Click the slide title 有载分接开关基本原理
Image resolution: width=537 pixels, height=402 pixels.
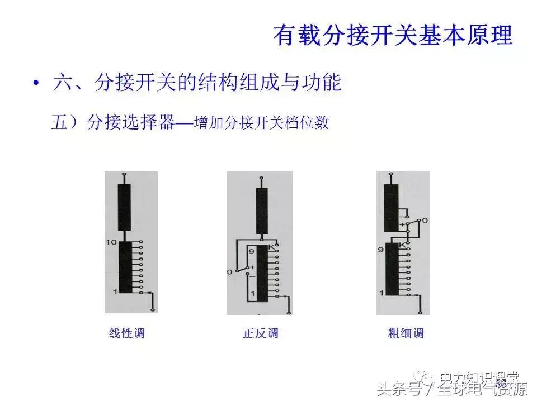pos(393,35)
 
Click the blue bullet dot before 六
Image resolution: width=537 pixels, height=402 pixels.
pos(36,83)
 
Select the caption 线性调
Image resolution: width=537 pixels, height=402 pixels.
pos(126,334)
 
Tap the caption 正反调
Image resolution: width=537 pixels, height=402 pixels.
pos(261,334)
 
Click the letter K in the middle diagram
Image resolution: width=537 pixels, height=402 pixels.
pos(271,247)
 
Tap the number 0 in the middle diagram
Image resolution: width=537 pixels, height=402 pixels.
pos(229,272)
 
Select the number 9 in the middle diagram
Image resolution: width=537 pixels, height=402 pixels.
pos(251,252)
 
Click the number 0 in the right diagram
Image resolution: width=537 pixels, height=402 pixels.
pos(425,221)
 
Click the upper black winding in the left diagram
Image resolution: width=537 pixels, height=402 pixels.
pos(124,207)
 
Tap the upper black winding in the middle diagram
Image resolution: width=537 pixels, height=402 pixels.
pos(262,211)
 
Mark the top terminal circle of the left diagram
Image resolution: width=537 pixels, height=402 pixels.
pos(124,174)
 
